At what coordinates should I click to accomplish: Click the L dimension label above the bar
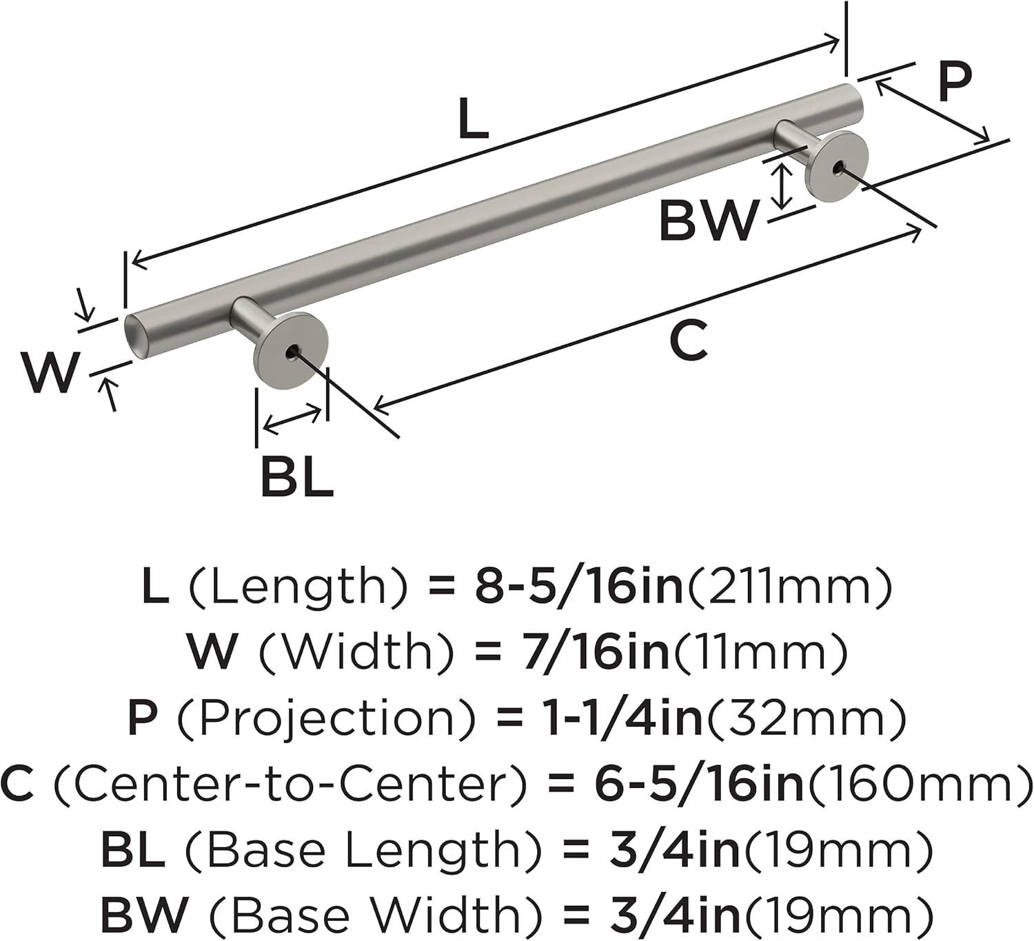473,118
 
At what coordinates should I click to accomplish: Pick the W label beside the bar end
50,372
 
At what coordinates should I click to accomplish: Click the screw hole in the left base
292,353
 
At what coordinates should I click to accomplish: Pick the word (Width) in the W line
356,652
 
